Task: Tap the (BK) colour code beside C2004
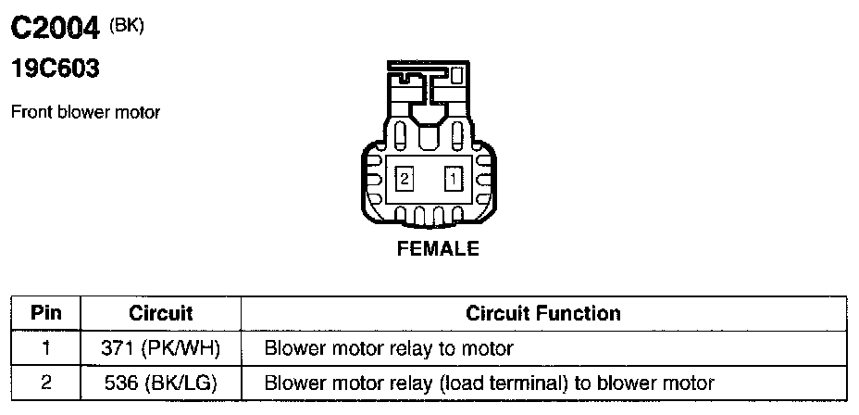point(127,25)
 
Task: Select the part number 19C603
point(55,69)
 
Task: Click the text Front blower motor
point(85,112)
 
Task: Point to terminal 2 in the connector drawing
point(405,177)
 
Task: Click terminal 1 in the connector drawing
point(453,177)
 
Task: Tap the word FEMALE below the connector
point(438,248)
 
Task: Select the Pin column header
point(45,313)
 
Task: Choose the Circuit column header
point(160,313)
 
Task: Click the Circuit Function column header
point(543,313)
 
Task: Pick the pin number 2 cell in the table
point(45,382)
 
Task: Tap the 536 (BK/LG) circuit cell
point(160,382)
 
